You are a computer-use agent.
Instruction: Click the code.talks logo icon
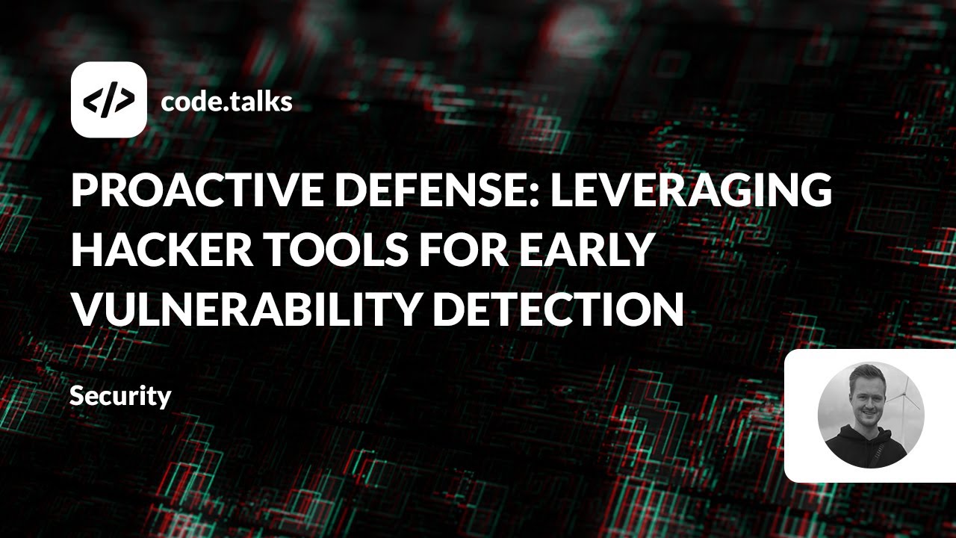point(108,99)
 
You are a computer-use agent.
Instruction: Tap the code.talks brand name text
point(226,101)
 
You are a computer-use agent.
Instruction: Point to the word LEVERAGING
point(691,191)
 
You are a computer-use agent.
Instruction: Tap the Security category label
point(120,396)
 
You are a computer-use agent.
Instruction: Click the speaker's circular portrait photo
point(871,415)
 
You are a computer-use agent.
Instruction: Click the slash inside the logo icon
point(109,99)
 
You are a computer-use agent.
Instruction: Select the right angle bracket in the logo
point(127,99)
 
